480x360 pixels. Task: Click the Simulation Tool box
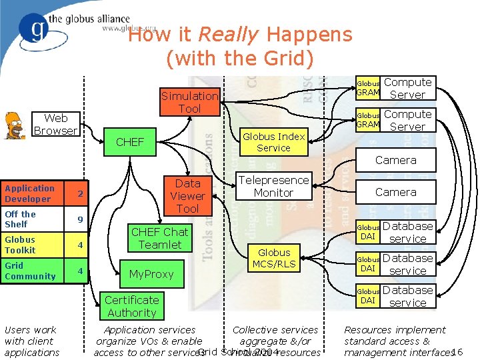pos(189,102)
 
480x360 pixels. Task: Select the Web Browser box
pos(55,125)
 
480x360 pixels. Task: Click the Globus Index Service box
pos(273,142)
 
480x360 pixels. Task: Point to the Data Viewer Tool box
pos(187,196)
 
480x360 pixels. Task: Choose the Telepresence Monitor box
pos(273,186)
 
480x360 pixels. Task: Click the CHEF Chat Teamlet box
pos(159,238)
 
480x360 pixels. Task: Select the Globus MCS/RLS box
pos(274,258)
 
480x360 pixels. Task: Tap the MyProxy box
pos(151,274)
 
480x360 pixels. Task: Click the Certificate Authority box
pos(131,306)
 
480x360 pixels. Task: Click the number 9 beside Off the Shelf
pos(80,219)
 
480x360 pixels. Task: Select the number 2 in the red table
pos(80,194)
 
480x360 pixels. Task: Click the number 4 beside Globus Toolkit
pos(80,245)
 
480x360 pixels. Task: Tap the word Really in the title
pos(223,35)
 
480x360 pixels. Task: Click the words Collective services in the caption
pos(275,330)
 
